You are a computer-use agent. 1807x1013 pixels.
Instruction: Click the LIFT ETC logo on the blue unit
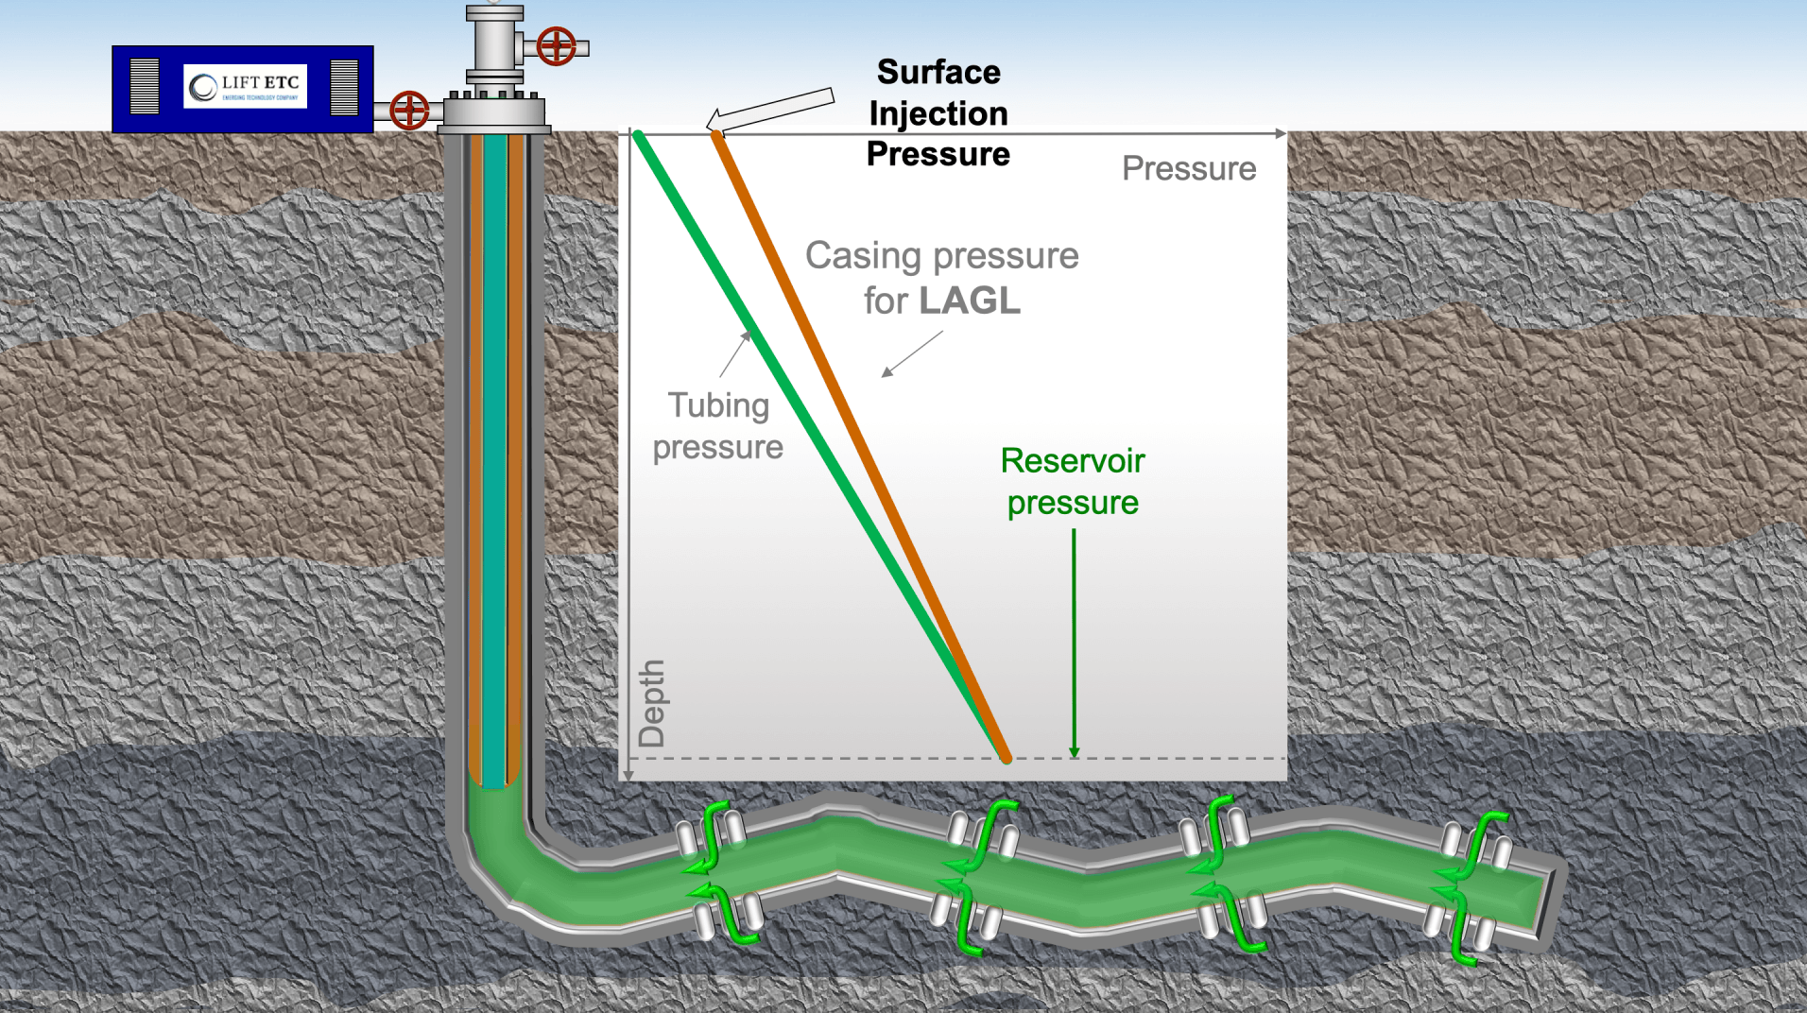click(245, 87)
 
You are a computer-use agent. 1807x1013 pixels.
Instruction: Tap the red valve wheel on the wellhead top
click(556, 45)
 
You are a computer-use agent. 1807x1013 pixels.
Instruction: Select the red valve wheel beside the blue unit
click(409, 110)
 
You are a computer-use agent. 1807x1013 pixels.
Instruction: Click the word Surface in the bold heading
click(938, 72)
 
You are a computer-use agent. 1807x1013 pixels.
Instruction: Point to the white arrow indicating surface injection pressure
click(770, 110)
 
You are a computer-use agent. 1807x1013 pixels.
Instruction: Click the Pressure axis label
click(1188, 168)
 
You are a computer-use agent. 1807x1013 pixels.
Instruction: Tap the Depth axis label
click(651, 703)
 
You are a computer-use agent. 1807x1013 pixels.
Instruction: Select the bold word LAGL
click(970, 301)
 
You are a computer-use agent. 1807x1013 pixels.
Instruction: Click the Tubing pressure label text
click(718, 425)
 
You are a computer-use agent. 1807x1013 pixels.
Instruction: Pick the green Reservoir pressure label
click(1073, 482)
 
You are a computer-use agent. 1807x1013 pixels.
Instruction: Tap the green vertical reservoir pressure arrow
click(1074, 643)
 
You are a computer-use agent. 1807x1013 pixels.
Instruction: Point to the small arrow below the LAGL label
click(911, 354)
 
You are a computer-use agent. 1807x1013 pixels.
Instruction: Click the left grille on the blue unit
click(145, 87)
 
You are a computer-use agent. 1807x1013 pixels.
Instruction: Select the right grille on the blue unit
click(344, 87)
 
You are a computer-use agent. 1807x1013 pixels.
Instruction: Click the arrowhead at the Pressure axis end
click(1281, 133)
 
